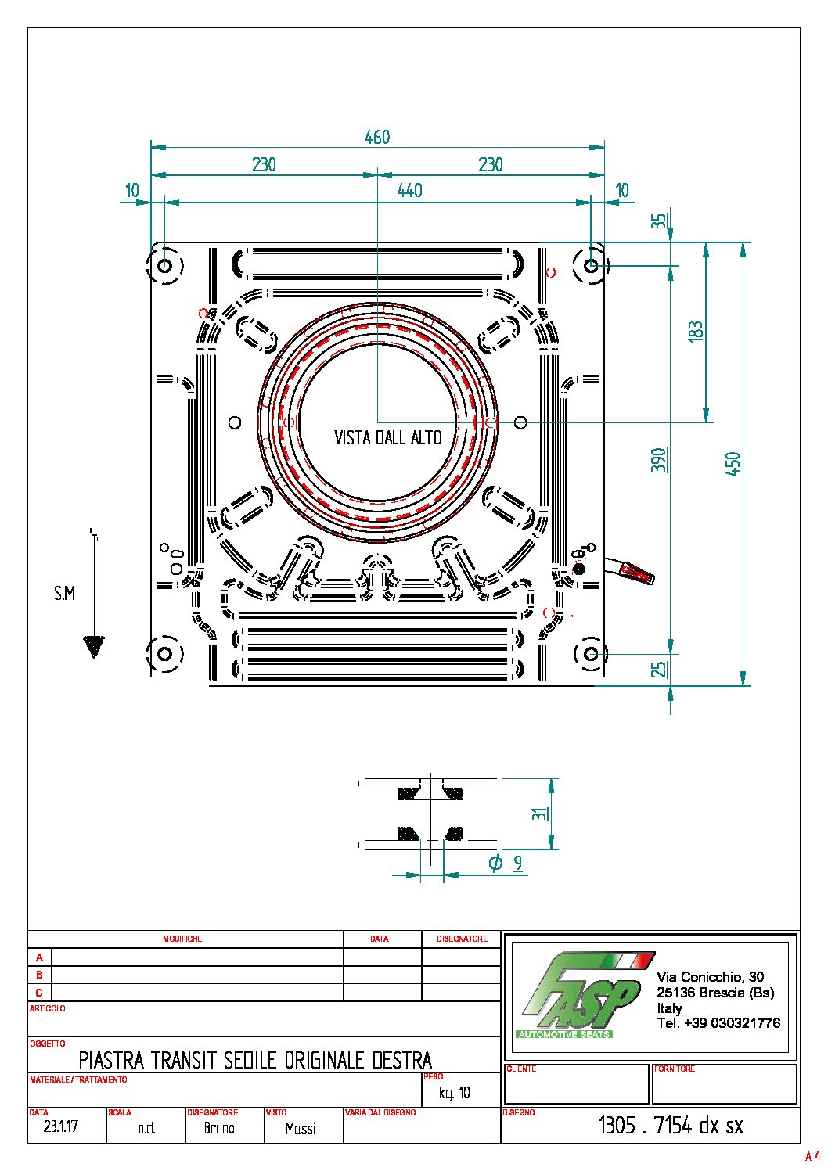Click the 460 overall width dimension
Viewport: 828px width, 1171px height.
pyautogui.click(x=377, y=137)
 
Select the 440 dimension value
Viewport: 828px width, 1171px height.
pyautogui.click(x=409, y=190)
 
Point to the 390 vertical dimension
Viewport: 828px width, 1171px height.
pyautogui.click(x=659, y=459)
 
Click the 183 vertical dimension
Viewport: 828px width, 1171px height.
pyautogui.click(x=695, y=331)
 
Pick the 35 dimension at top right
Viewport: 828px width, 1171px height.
pyautogui.click(x=659, y=221)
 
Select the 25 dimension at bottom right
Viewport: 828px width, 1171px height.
pyautogui.click(x=660, y=669)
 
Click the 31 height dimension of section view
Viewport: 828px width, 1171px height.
pyautogui.click(x=539, y=814)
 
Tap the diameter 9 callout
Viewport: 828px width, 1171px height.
pyautogui.click(x=506, y=864)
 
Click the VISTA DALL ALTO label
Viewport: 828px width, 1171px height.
pyautogui.click(x=387, y=438)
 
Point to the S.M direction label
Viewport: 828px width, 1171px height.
pyautogui.click(x=64, y=594)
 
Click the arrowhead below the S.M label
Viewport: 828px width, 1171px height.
pyautogui.click(x=93, y=646)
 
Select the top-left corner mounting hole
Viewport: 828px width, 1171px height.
pyautogui.click(x=165, y=266)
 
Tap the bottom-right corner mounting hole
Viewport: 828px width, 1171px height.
pyautogui.click(x=591, y=653)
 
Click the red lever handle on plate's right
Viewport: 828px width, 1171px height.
pyautogui.click(x=637, y=574)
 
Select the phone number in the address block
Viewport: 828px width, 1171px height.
pyautogui.click(x=718, y=1023)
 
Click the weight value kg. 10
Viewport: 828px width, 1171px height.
pyautogui.click(x=455, y=1093)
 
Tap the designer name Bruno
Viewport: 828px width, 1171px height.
pyautogui.click(x=219, y=1128)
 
